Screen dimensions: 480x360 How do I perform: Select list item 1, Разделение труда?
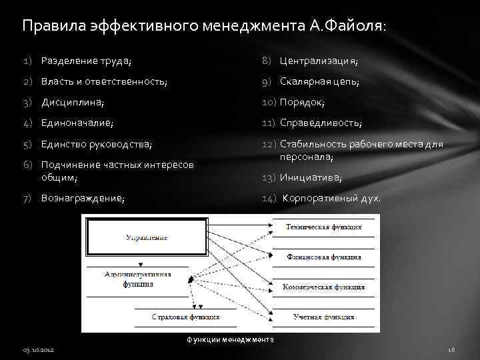tap(86, 61)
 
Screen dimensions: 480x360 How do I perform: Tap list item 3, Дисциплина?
tap(73, 103)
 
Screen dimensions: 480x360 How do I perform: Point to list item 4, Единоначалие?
tap(77, 123)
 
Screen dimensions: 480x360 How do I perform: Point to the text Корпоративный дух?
tap(333, 198)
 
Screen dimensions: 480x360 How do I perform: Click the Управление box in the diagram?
tap(146, 237)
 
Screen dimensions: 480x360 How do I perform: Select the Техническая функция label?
tap(324, 227)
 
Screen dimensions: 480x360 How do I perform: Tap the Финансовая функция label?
tap(324, 257)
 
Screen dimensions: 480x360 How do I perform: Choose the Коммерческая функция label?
tap(323, 287)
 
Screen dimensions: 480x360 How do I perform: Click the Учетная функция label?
tap(323, 317)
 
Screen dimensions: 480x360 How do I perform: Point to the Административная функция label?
tap(137, 279)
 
